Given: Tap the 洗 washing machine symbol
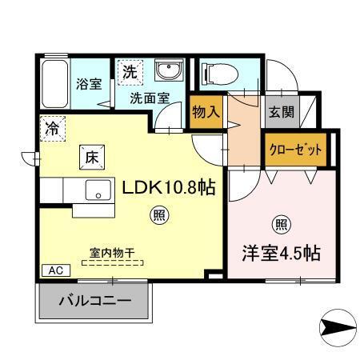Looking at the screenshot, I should tap(130, 70).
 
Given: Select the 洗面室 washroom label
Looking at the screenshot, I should tap(150, 98).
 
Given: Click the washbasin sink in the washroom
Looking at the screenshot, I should tap(169, 73).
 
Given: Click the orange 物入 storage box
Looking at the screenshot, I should tap(206, 113).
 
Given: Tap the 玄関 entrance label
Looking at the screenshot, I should tap(280, 111).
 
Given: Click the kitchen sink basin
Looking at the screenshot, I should tap(99, 190).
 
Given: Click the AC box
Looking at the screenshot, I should tap(50, 270).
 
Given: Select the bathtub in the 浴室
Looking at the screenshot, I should tap(54, 85).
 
